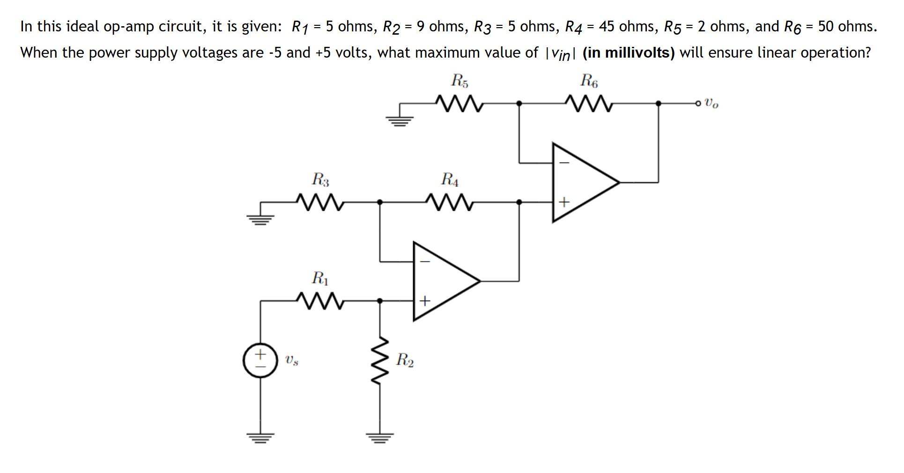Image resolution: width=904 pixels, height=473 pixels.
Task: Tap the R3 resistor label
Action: click(320, 179)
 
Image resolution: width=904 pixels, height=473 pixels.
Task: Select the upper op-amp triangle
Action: click(581, 183)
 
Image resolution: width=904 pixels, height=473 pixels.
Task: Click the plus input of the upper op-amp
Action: click(564, 202)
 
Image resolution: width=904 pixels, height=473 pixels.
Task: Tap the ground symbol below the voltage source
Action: click(260, 437)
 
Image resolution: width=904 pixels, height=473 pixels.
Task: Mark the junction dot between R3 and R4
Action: click(380, 202)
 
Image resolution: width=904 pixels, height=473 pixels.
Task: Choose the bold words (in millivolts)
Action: click(628, 52)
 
